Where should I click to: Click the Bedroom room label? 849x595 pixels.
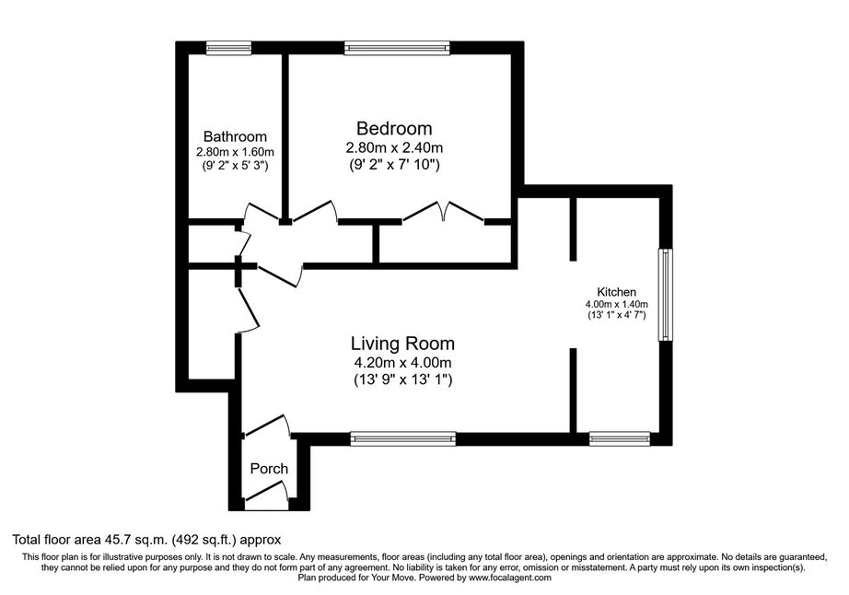394,128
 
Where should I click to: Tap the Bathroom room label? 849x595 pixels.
235,136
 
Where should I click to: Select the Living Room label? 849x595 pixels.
402,344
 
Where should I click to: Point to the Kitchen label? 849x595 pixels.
616,292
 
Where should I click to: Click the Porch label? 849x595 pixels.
269,468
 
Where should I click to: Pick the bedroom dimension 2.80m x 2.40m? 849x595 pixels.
394,146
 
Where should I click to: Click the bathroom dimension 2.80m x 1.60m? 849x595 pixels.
235,152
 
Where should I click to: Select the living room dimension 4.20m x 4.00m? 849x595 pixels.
402,362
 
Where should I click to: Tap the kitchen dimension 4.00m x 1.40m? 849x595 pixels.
616,304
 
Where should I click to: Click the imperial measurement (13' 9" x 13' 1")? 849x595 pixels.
402,379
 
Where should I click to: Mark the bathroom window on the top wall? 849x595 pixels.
229,48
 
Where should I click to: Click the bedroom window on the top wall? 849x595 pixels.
398,48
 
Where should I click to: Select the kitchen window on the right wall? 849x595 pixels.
666,295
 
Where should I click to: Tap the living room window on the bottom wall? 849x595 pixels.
402,438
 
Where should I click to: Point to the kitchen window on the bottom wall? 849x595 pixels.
620,438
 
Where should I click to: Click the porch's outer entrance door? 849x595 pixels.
266,493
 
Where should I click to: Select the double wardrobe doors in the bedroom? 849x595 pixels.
444,212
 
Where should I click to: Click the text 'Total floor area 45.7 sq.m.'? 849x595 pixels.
90,540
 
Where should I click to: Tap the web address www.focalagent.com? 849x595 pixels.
510,577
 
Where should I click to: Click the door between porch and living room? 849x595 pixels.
267,426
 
